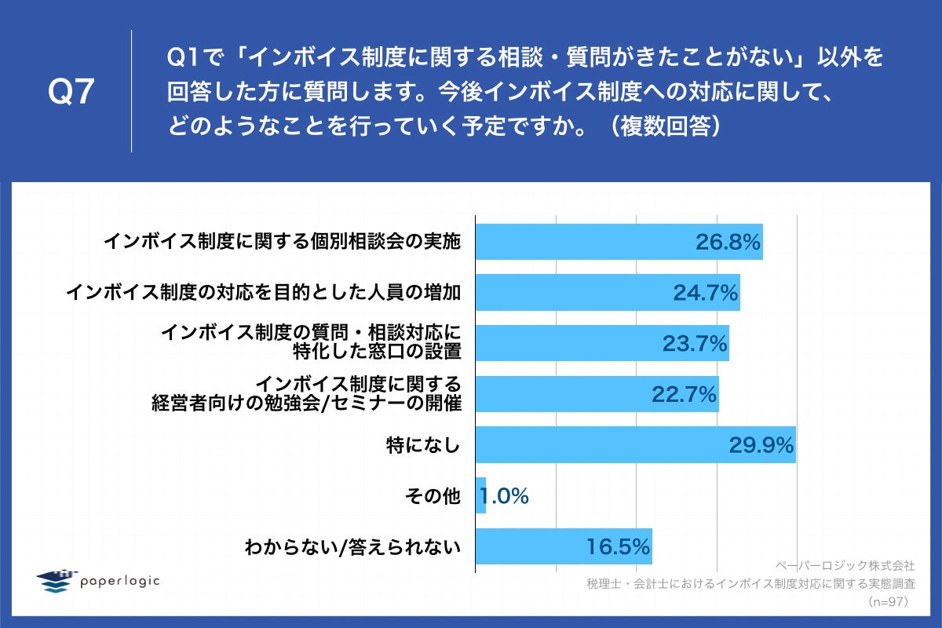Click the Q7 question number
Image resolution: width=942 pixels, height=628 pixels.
coord(71,93)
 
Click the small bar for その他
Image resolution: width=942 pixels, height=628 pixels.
coord(480,495)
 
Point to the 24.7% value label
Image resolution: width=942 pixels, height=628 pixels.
coord(705,293)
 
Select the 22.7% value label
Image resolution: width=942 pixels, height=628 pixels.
coord(684,395)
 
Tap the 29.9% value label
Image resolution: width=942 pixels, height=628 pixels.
coord(761,445)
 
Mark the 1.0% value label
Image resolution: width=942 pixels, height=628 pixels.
coord(504,496)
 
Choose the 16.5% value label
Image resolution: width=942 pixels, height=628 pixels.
coord(618,546)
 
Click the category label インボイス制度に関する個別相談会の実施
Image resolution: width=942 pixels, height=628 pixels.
coord(282,242)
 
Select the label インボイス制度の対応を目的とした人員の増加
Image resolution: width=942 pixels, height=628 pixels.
coord(262,293)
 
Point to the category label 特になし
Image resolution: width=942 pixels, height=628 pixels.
coord(423,445)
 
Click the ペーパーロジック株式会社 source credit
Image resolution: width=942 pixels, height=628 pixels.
coord(845,564)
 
